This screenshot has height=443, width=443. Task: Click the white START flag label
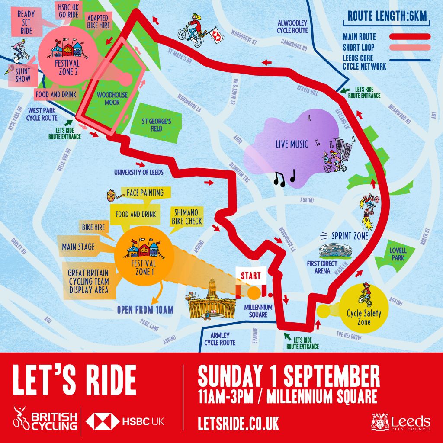[251, 276]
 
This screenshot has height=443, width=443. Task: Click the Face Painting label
[145, 193]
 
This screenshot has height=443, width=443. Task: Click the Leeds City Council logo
[401, 423]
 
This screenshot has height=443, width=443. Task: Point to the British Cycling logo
[45, 420]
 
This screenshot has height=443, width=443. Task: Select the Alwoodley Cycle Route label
[292, 27]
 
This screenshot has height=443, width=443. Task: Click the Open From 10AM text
[145, 310]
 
